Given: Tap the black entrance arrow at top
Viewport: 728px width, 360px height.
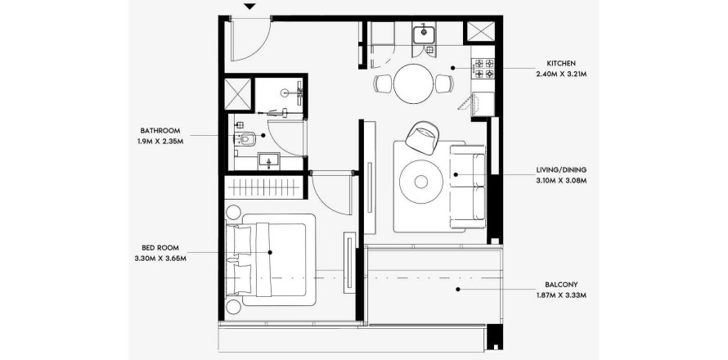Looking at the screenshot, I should coord(249,8).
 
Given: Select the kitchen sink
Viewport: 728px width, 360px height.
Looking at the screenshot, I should coord(424,34).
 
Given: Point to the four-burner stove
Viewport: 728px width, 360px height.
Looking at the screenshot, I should coord(483,69).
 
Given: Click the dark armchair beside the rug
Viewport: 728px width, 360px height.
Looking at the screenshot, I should coord(425,137).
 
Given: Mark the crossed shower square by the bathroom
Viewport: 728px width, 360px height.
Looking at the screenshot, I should coord(237,94).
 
